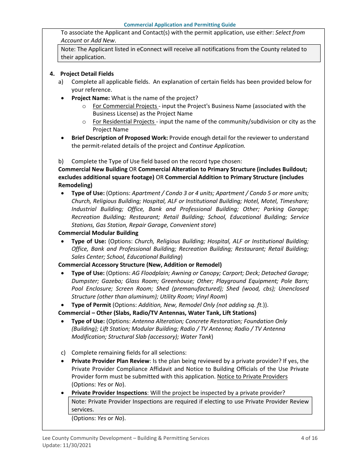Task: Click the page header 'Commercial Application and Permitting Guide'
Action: (x=180, y=25)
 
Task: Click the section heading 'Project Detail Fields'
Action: (x=87, y=74)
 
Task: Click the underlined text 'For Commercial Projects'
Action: (x=125, y=106)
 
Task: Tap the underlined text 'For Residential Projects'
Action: (x=124, y=122)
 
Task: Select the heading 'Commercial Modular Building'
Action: (x=98, y=233)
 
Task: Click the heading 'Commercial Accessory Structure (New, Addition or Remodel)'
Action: (x=140, y=265)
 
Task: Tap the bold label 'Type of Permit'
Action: (x=91, y=305)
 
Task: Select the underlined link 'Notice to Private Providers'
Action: (x=252, y=377)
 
